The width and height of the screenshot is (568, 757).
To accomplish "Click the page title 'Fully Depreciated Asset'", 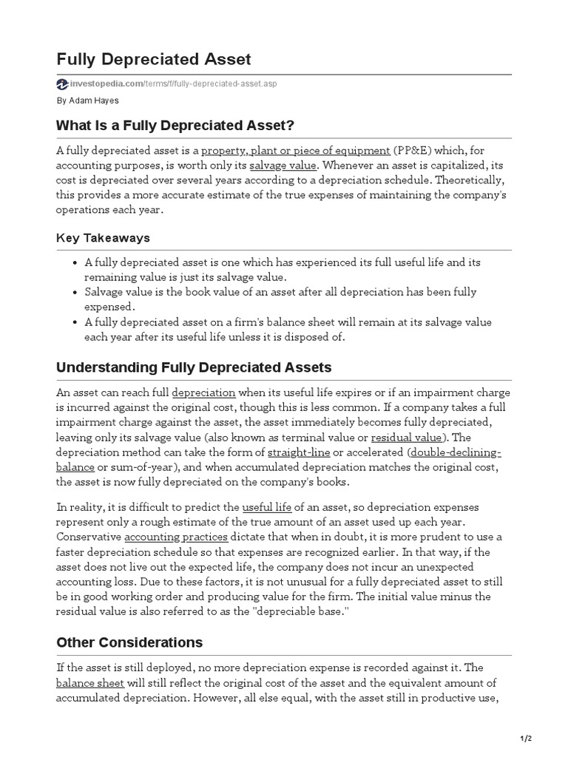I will [x=154, y=59].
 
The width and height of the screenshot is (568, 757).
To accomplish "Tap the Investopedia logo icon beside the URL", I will [x=62, y=84].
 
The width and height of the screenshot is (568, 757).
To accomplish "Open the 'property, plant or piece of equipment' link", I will [x=296, y=150].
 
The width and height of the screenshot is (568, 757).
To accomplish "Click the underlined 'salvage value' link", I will [x=283, y=165].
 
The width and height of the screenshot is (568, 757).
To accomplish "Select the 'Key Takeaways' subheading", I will [x=103, y=238].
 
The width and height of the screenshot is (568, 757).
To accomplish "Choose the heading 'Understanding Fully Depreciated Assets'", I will [x=194, y=367].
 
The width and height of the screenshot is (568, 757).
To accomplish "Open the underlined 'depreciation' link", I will [x=203, y=393].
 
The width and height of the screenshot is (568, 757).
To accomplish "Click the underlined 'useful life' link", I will [x=268, y=506].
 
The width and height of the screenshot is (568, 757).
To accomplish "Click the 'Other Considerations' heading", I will [x=129, y=642].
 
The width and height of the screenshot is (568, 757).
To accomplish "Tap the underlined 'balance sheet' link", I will [x=89, y=682].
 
